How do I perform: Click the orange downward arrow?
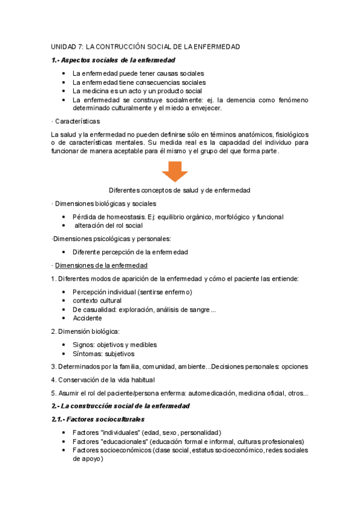[174, 171]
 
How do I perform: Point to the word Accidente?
[87, 318]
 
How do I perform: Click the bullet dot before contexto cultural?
[64, 301]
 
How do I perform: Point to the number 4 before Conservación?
[53, 379]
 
